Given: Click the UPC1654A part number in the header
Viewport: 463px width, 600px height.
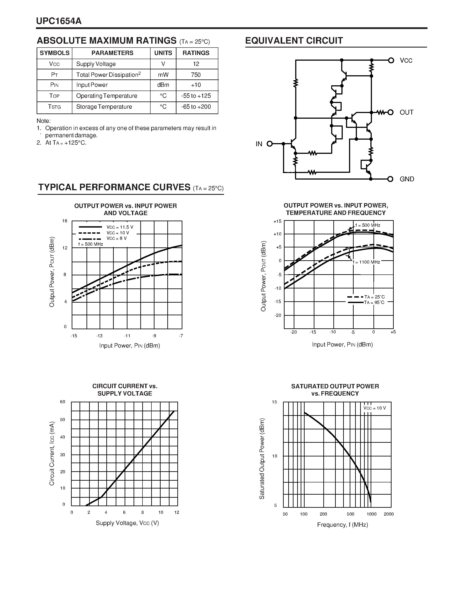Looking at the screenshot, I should [x=59, y=21].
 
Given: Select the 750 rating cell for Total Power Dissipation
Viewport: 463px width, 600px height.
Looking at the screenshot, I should [x=196, y=75].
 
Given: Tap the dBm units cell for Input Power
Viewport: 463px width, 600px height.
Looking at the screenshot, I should [x=163, y=85].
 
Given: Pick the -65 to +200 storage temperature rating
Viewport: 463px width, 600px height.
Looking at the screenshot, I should [x=196, y=107].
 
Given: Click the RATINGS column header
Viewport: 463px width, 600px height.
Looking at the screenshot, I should [x=196, y=53].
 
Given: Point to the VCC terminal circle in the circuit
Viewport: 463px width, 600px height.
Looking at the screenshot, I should [x=391, y=60].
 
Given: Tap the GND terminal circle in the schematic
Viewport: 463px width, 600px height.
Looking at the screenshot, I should [x=390, y=179].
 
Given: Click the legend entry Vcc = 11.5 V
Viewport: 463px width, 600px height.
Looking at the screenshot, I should [x=120, y=227].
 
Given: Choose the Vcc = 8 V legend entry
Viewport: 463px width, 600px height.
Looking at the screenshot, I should [x=117, y=238].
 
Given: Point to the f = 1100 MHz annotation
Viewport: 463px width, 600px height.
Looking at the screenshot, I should [x=366, y=262].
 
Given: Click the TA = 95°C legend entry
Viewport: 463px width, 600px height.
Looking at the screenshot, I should [x=374, y=302].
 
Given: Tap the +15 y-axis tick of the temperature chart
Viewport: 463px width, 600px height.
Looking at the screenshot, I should [x=277, y=221].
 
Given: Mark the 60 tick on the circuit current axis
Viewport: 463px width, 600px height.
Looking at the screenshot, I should [x=63, y=402].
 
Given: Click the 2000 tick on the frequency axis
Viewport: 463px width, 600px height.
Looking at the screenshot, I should [x=389, y=514].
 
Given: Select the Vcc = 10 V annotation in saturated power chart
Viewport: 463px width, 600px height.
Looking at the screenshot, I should [x=374, y=408].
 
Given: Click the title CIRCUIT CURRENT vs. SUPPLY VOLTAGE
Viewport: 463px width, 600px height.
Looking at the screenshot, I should [x=125, y=389].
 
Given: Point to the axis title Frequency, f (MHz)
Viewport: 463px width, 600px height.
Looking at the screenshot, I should [x=342, y=525].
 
